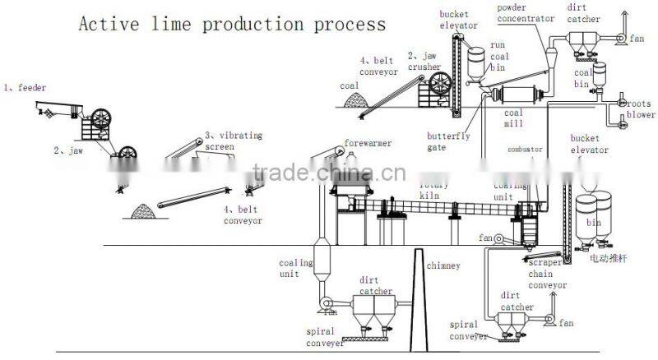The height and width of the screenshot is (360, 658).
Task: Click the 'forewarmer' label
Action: click(368, 143)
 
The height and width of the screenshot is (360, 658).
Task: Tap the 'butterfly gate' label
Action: click(447, 141)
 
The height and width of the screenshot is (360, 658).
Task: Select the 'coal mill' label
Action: click(513, 118)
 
